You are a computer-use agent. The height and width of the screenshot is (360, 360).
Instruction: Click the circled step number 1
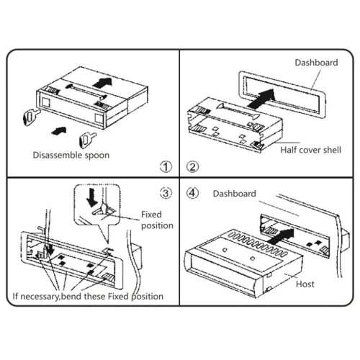(x=166, y=166)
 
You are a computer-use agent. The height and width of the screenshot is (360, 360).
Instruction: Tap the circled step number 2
(x=193, y=166)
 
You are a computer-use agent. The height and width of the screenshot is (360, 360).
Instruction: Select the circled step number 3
(x=166, y=193)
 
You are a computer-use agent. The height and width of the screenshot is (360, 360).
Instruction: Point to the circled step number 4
(x=193, y=193)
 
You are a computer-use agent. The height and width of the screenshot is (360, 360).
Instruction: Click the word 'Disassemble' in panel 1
(x=57, y=155)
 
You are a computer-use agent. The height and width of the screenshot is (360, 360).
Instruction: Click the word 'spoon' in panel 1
(x=96, y=156)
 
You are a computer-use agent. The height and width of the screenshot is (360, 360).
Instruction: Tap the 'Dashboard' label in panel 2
(x=316, y=63)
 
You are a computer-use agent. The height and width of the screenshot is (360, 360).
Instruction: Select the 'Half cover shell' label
(x=311, y=150)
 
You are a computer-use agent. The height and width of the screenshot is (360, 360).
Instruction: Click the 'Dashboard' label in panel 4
(x=235, y=194)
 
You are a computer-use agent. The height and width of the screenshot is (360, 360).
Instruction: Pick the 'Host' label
(x=305, y=284)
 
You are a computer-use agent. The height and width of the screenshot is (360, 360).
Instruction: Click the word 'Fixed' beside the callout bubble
(x=151, y=215)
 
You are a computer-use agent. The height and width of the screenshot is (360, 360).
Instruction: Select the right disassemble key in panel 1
(x=87, y=140)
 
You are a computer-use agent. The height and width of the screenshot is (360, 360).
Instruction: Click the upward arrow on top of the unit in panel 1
(x=102, y=83)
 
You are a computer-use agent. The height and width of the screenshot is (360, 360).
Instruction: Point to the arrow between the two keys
(x=59, y=130)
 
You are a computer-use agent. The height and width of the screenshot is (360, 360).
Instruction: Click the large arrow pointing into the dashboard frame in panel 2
(x=261, y=99)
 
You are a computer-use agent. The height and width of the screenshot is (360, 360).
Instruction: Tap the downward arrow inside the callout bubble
(x=92, y=197)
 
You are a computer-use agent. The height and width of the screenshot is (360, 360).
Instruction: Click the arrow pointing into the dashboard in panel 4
(x=281, y=236)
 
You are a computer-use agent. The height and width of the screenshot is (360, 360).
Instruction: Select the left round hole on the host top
(x=225, y=250)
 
